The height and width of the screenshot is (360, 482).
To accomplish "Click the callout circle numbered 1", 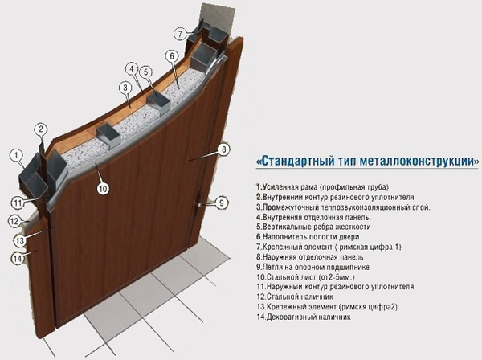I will [x=14, y=154].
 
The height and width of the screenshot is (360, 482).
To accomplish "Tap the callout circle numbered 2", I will [x=42, y=129].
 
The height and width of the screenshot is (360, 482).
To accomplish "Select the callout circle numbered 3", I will [x=125, y=88].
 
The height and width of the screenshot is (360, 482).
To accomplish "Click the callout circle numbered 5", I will [x=146, y=72].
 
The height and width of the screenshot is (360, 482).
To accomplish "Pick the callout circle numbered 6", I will [x=171, y=55].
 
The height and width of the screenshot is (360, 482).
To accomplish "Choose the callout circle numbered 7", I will [x=182, y=34].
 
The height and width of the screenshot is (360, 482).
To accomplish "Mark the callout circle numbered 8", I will [x=224, y=149].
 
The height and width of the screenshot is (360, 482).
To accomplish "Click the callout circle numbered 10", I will [x=102, y=189].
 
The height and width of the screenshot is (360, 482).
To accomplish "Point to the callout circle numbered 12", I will [x=14, y=221].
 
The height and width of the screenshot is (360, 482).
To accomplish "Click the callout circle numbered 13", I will [x=20, y=240].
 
